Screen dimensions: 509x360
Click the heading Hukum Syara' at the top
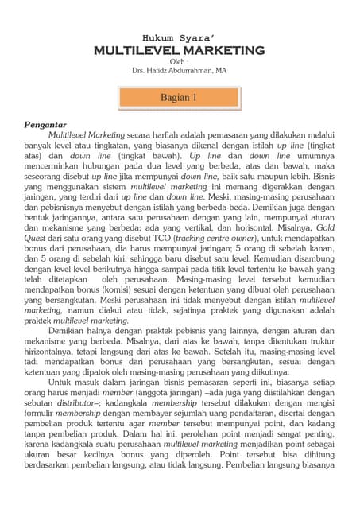[179, 37]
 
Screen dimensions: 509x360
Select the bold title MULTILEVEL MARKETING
[179, 51]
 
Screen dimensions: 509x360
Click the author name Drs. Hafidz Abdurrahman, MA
[179, 71]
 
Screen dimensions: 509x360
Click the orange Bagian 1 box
[180, 98]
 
